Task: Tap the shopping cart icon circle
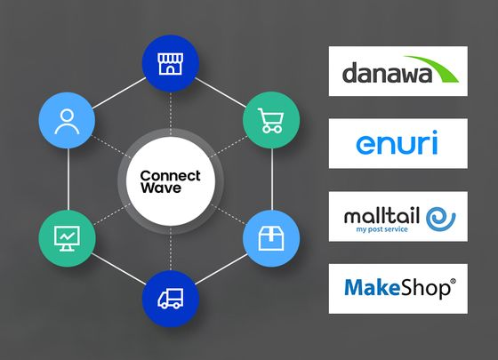[270, 123]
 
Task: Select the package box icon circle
[270, 238]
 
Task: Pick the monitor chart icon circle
[68, 238]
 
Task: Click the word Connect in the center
[171, 175]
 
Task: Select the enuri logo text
[397, 142]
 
